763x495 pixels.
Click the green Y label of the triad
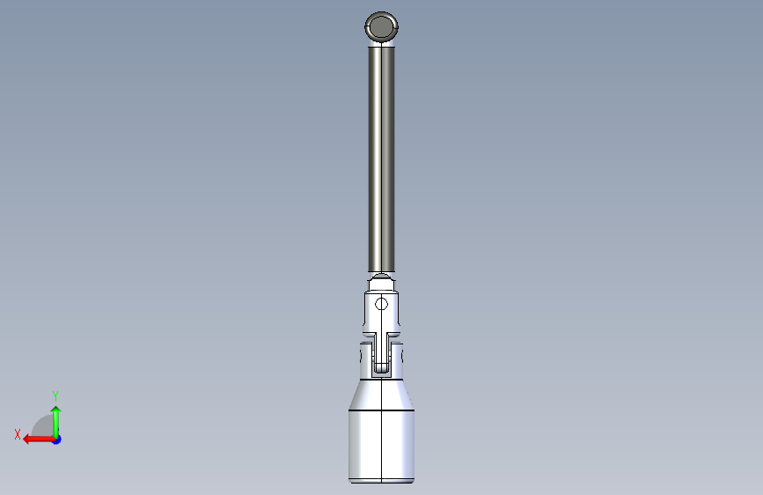click(x=55, y=395)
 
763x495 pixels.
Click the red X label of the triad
click(x=18, y=434)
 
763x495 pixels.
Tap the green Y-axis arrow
click(x=56, y=422)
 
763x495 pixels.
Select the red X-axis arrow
click(x=40, y=440)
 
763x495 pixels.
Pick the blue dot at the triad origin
click(x=57, y=440)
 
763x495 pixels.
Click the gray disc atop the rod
click(x=382, y=26)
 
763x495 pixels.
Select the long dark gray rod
click(x=382, y=159)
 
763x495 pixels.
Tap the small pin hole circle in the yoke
click(x=382, y=305)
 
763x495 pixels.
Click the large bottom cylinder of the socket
click(x=382, y=446)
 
